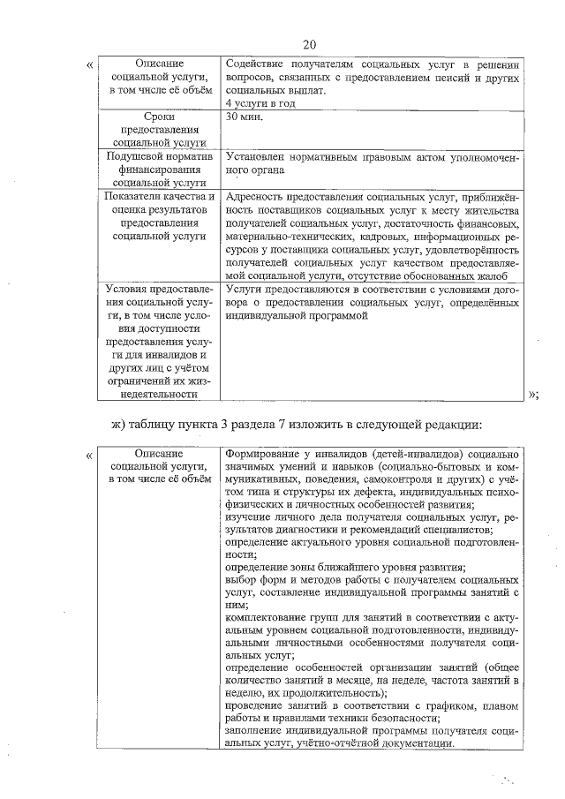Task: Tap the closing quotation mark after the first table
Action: tap(532, 395)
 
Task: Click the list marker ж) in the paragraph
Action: tap(121, 425)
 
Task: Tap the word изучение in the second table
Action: tap(248, 516)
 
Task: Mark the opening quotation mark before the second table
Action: tap(88, 456)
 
